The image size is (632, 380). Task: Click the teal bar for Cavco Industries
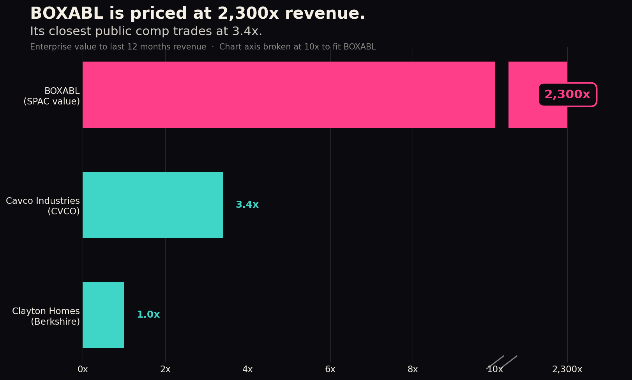pos(153,205)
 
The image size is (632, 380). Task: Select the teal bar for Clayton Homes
pos(103,315)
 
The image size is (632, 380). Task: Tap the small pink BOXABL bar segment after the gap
pos(538,95)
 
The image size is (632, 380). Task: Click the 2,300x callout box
pos(568,95)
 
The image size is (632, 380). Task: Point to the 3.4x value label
pos(247,204)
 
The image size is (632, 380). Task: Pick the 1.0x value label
pos(148,315)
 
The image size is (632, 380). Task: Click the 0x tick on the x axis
pos(83,369)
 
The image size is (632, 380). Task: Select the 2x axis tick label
pos(165,369)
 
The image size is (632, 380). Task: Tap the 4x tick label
pos(248,369)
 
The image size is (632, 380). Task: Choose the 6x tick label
pos(330,369)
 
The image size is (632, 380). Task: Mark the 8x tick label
pos(413,369)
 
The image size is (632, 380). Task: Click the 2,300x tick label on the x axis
pos(567,369)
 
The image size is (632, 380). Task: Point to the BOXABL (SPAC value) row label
pos(52,96)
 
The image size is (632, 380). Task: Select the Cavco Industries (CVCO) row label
pos(43,206)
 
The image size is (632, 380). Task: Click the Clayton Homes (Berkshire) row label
pos(46,316)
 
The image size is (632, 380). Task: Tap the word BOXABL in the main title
pos(67,13)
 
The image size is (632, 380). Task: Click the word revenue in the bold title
pos(325,14)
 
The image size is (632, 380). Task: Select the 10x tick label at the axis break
pos(495,369)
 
